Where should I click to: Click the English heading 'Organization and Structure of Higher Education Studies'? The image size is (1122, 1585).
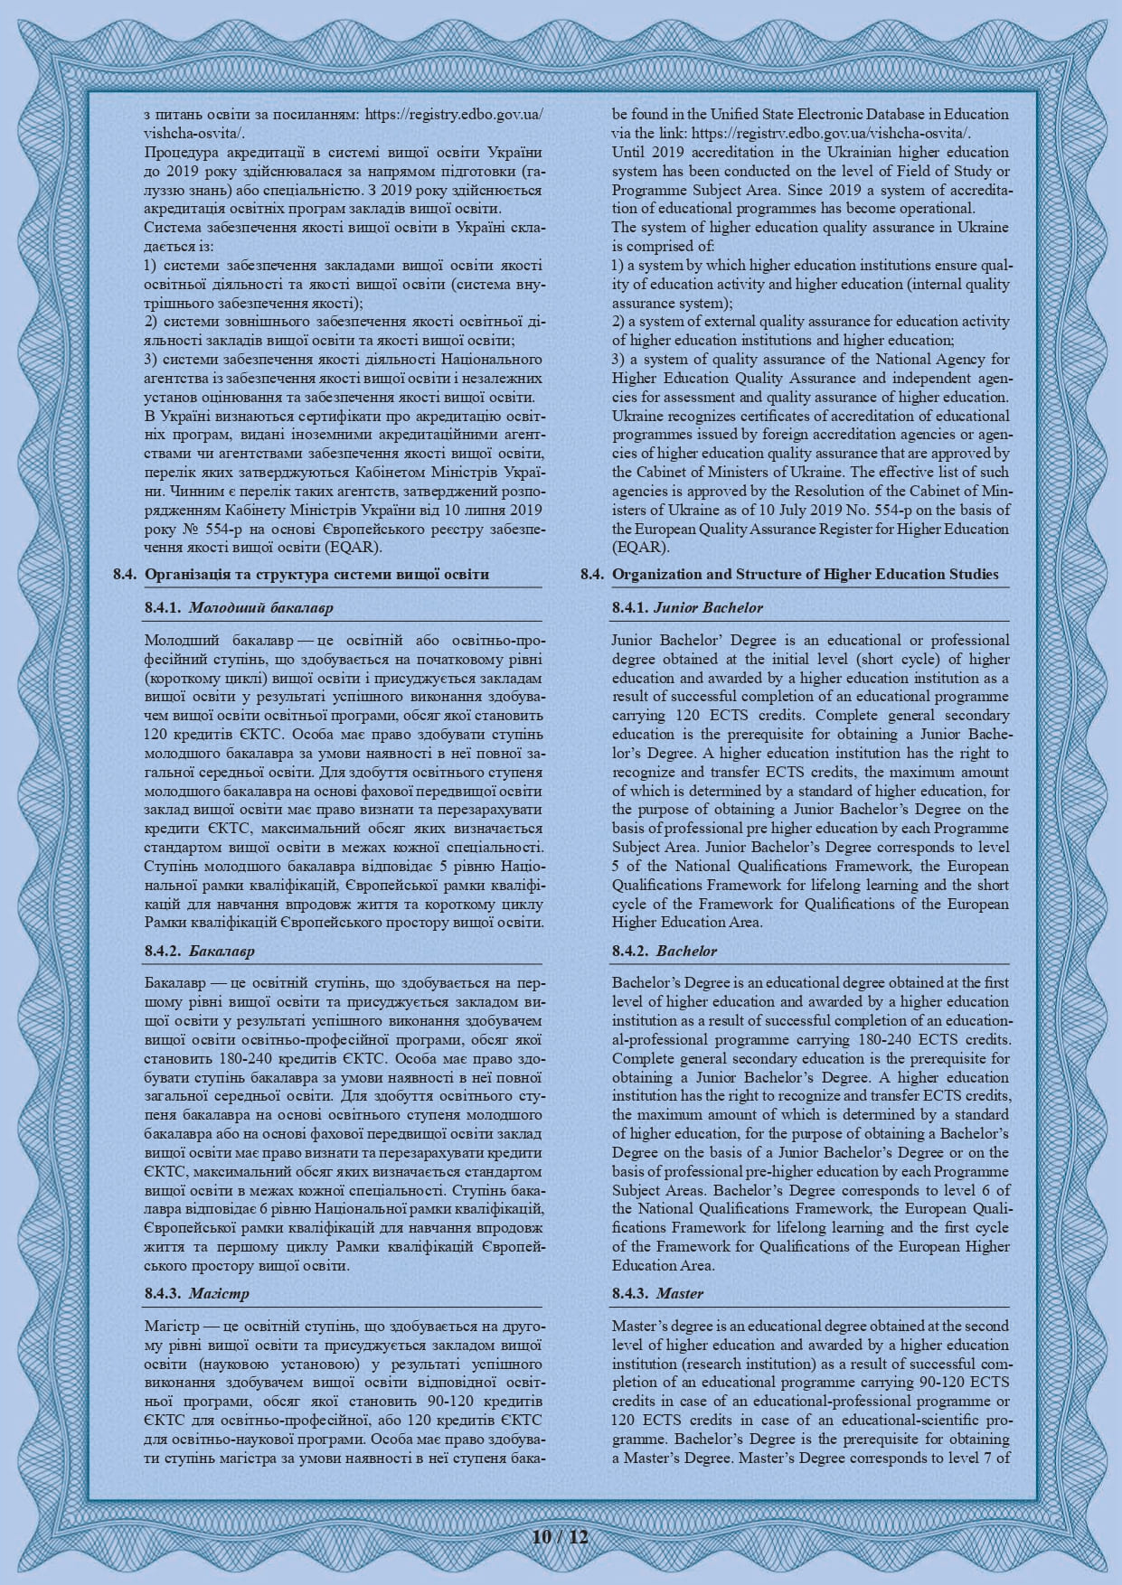click(x=806, y=574)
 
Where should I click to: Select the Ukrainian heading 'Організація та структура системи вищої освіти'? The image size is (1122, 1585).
click(x=317, y=574)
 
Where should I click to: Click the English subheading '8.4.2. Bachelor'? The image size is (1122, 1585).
click(x=686, y=951)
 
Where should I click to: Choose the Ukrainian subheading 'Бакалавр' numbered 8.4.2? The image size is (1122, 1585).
click(x=222, y=951)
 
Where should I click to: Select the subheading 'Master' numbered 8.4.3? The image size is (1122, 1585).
click(x=680, y=1293)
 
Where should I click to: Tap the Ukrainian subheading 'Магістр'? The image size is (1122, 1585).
click(x=220, y=1293)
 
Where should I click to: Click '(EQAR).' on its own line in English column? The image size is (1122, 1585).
click(x=641, y=548)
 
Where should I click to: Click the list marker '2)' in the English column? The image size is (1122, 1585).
click(x=618, y=322)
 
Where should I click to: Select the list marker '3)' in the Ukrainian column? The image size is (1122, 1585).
click(x=150, y=360)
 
